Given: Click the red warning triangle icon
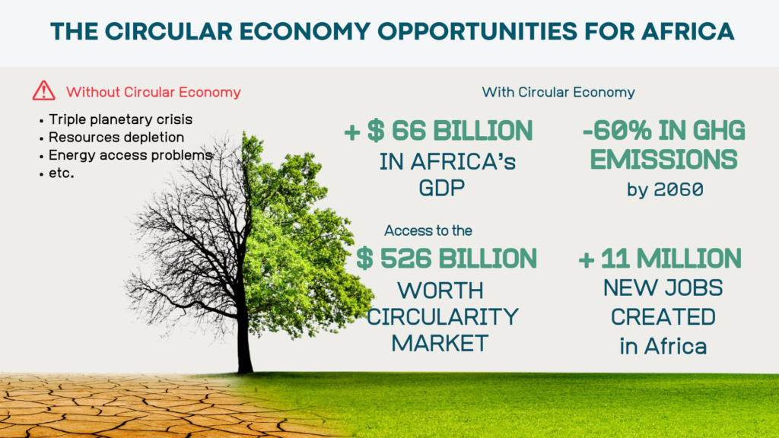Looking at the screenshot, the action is point(43,91).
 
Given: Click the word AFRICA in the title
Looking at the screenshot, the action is point(687,31).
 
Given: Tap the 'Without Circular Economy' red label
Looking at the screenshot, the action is point(154,92).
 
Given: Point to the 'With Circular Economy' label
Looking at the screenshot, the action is point(558,92).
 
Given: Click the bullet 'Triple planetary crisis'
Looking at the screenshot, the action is point(120,119).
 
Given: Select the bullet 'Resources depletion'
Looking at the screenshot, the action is point(116,137).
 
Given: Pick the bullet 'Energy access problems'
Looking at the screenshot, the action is point(130,155).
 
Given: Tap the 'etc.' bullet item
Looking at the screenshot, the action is point(61,173).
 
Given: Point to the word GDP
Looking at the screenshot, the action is point(442,189).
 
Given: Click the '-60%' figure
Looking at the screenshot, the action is point(617,131).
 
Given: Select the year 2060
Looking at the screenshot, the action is point(679,189).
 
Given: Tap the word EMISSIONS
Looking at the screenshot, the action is point(663,160).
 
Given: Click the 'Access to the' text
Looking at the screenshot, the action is point(428,230).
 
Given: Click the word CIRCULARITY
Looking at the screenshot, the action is point(443,317).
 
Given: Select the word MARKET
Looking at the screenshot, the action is point(440,343).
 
